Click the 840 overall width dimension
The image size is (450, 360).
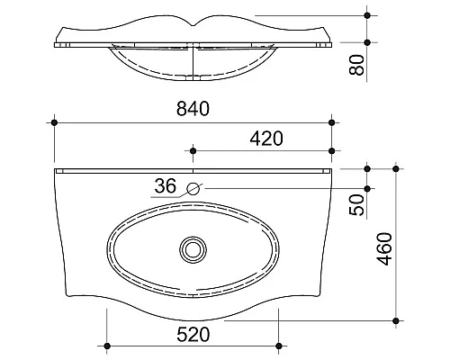click(193, 109)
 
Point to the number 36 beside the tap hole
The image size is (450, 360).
click(165, 186)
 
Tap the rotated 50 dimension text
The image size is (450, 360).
click(357, 205)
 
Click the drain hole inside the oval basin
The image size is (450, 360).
click(193, 247)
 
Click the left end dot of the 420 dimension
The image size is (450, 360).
click(193, 150)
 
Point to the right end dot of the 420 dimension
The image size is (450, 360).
click(332, 150)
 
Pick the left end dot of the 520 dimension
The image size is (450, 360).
click(107, 346)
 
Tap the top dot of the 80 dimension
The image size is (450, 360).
click(367, 15)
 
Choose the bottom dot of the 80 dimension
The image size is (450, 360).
click(367, 42)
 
